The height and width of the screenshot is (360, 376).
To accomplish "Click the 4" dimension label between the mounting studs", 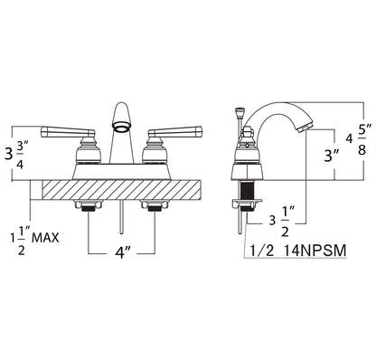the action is pyautogui.click(x=123, y=252).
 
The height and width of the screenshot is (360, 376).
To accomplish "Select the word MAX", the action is pyautogui.click(x=45, y=238).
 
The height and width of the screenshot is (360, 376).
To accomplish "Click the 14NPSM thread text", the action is pyautogui.click(x=315, y=251).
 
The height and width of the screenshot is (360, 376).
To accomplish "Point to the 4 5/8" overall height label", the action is pyautogui.click(x=359, y=139).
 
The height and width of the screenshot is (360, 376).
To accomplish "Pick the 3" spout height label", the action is pyautogui.click(x=331, y=155).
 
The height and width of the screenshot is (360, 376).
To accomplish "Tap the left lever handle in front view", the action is pyautogui.click(x=68, y=131).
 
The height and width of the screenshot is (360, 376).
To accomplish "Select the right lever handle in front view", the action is pyautogui.click(x=175, y=131).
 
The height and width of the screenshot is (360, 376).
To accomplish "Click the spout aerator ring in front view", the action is pyautogui.click(x=122, y=127).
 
